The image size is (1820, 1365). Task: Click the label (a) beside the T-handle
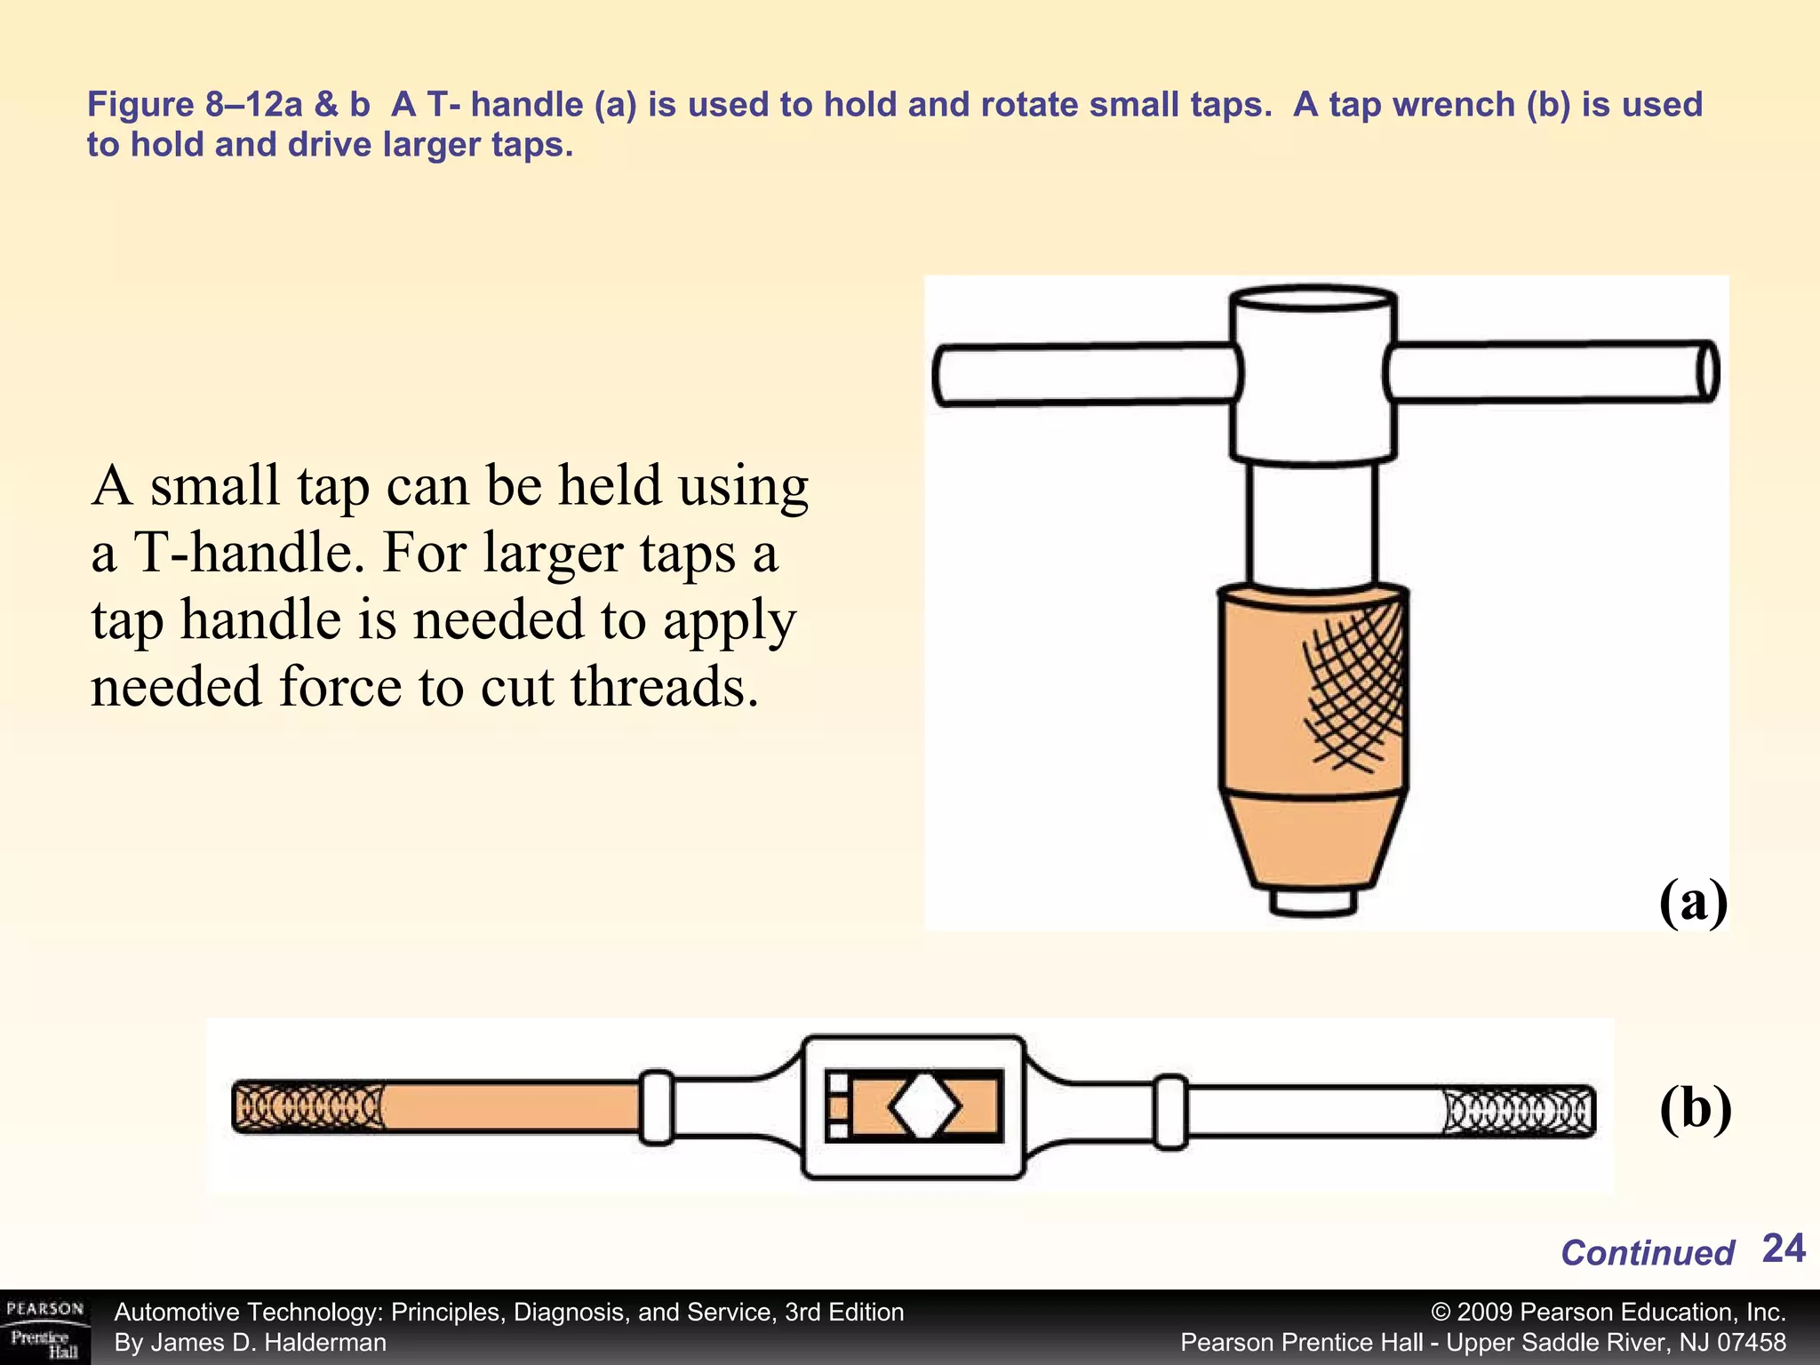(x=1693, y=902)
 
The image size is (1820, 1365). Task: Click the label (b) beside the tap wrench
(x=1695, y=1109)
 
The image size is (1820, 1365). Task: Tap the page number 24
(x=1783, y=1249)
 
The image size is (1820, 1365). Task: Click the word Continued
(x=1647, y=1253)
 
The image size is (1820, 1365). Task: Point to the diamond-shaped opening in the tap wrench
(x=924, y=1106)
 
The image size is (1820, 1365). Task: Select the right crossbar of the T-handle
(x=1551, y=371)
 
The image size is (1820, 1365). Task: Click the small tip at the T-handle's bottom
(x=1313, y=901)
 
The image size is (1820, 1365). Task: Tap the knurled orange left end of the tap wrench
(x=307, y=1107)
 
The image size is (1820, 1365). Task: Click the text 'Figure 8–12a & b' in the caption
(x=227, y=105)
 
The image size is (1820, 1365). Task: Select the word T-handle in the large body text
(x=242, y=553)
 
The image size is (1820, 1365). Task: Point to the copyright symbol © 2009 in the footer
(x=1475, y=1313)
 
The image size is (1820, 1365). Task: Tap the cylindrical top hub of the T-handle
(x=1313, y=373)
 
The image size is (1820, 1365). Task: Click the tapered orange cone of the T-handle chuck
(x=1313, y=840)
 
